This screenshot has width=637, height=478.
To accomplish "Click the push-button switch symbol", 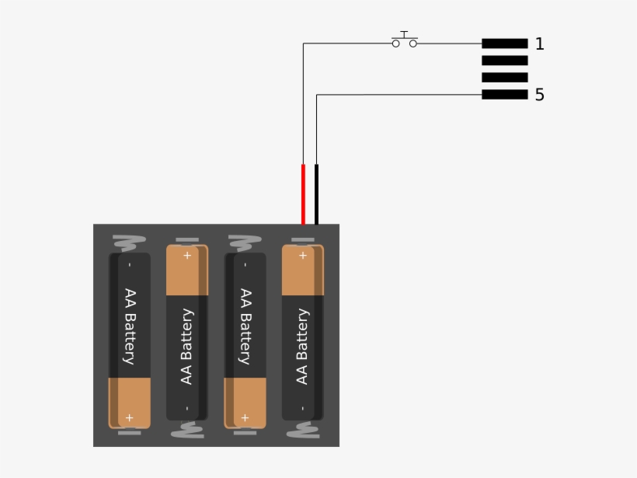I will [404, 41].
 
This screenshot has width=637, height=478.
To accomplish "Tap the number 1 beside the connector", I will [540, 44].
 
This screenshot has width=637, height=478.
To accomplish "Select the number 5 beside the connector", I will [540, 95].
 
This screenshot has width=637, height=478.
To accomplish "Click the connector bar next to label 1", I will [504, 44].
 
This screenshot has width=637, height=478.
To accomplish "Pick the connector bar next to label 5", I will [504, 95].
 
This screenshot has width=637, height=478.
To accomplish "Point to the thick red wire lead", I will [303, 194].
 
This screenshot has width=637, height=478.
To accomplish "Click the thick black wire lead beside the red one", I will [316, 194].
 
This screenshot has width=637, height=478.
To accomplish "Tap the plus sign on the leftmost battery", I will [129, 417].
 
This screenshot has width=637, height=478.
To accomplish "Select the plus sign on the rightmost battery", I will [302, 255].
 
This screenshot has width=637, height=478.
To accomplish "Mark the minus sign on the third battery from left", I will [245, 264].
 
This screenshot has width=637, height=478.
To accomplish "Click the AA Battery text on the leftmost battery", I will [129, 326].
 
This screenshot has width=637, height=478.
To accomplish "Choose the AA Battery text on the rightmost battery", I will [302, 346].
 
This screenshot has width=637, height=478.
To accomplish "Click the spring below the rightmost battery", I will [302, 430].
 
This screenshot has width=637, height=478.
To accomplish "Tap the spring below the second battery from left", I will [186, 430].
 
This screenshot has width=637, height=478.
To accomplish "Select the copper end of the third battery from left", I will [245, 403].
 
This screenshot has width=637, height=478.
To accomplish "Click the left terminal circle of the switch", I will [395, 44].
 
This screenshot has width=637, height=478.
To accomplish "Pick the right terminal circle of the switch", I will [413, 44].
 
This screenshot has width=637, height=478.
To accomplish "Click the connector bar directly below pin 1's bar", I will [504, 61].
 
